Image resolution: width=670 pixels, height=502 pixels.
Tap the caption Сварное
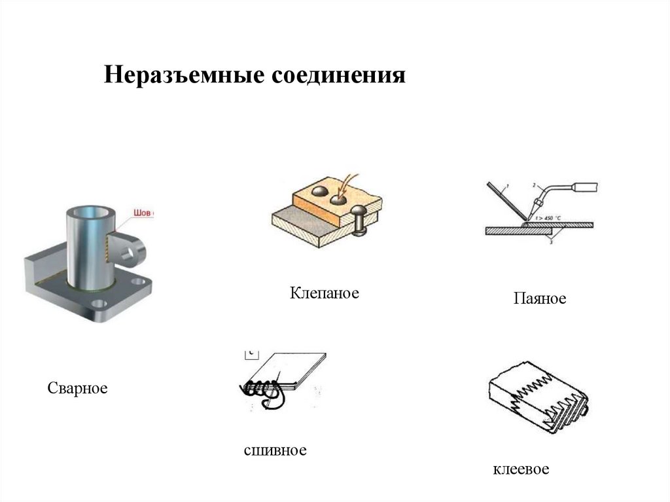coord(77,388)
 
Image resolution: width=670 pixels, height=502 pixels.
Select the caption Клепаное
coord(325,293)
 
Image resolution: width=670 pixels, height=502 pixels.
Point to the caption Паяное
coord(539,299)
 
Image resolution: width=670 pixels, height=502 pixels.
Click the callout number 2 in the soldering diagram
coord(534,185)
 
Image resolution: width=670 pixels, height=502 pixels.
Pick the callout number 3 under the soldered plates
coord(551,242)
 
